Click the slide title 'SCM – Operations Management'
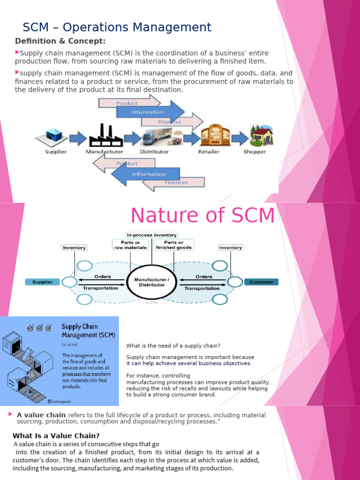[x=117, y=27]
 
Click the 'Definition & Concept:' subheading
[x=60, y=41]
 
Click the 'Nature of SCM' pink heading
[x=202, y=215]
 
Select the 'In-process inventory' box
[x=151, y=234]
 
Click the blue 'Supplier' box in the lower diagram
[x=42, y=282]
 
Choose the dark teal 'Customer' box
[x=261, y=282]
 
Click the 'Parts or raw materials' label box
[x=130, y=245]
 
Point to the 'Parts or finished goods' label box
[x=173, y=245]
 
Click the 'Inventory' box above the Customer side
[x=230, y=247]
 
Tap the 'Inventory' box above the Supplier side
[x=74, y=247]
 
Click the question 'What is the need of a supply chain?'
[x=173, y=345]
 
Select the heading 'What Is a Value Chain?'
[x=56, y=435]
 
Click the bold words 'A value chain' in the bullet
[x=41, y=415]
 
